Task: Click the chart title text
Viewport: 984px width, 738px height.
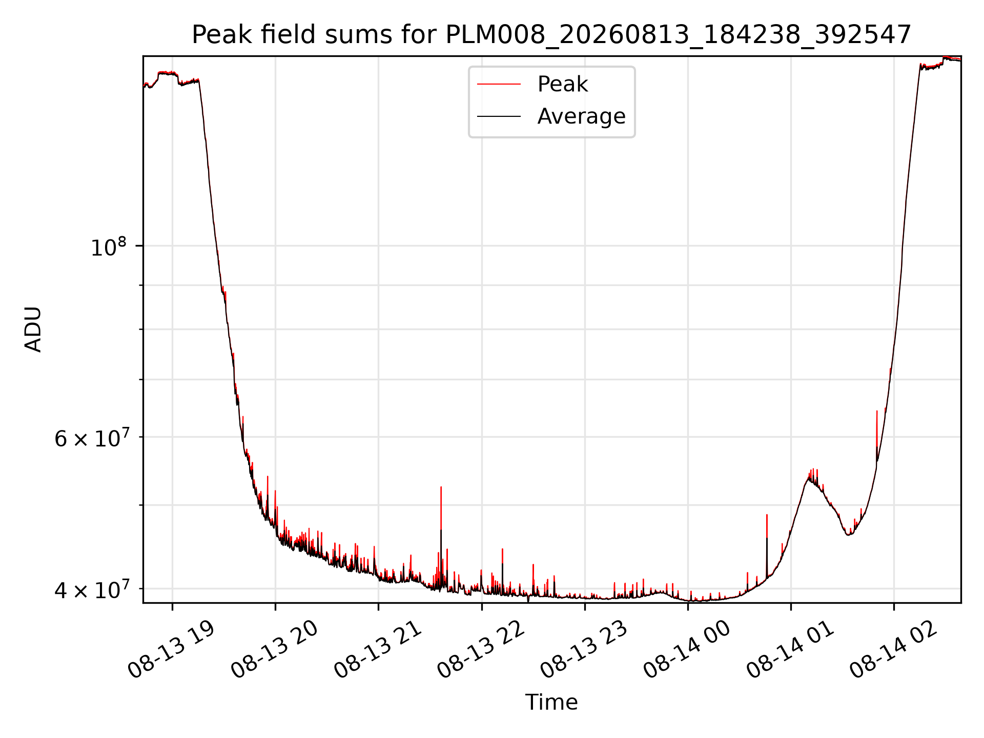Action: point(551,35)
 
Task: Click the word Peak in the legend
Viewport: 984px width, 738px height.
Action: point(562,84)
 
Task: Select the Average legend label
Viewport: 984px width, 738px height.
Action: point(581,116)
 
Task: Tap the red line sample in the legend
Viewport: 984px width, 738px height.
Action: point(499,85)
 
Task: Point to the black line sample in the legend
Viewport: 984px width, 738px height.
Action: point(499,116)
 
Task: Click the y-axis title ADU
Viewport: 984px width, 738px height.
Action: point(33,329)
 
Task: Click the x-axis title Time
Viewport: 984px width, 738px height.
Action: point(551,702)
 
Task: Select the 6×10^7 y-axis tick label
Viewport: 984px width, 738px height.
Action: point(92,438)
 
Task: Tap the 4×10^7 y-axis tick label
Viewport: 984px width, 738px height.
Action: point(92,589)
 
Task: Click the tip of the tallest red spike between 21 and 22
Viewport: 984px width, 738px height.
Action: point(441,487)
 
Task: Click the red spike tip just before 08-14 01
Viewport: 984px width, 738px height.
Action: point(767,515)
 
